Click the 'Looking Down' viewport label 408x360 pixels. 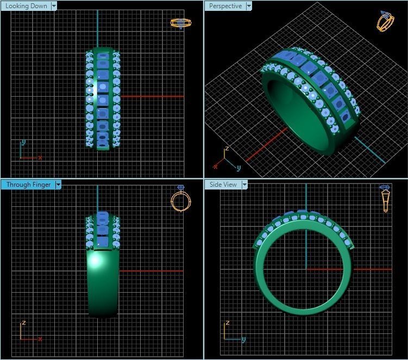(x=26, y=6)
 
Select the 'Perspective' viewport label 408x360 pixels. (x=225, y=6)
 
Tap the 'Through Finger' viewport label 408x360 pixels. (x=28, y=185)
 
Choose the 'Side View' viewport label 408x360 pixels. (x=223, y=185)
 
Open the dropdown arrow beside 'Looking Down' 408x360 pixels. (x=54, y=6)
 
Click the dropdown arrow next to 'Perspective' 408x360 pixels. (x=249, y=6)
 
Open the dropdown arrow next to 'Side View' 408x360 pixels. (x=244, y=185)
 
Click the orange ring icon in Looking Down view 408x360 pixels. (x=181, y=23)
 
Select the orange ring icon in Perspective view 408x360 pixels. (x=385, y=22)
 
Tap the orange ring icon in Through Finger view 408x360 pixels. (x=181, y=199)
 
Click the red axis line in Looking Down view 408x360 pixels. (x=152, y=97)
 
